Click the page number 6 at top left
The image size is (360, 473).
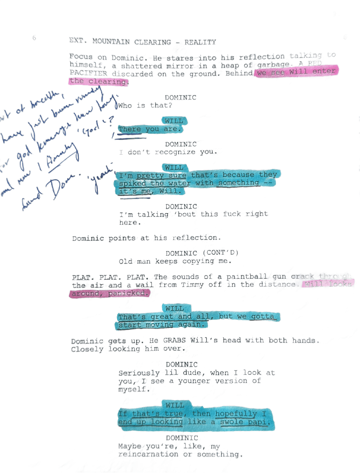point(35,38)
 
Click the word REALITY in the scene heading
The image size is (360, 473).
point(200,42)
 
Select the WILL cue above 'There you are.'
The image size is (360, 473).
point(174,121)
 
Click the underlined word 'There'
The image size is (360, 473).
point(129,130)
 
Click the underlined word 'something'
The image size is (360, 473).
point(239,183)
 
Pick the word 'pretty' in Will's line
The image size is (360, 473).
point(150,175)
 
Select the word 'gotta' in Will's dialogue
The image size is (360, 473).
point(263,317)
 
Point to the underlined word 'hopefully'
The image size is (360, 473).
point(236,414)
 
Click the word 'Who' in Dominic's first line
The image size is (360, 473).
point(125,106)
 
